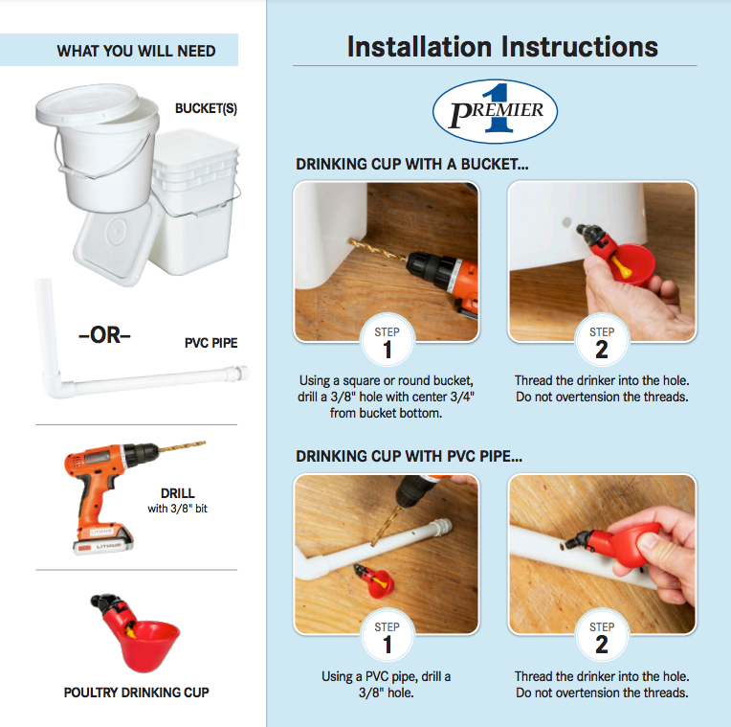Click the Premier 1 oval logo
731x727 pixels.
point(495,111)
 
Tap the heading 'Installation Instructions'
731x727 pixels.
point(502,47)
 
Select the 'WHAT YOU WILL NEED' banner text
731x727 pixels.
point(136,51)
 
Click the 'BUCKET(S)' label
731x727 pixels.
point(206,108)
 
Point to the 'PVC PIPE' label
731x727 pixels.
point(211,343)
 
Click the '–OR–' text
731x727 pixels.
point(105,335)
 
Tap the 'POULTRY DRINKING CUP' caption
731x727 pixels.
point(136,693)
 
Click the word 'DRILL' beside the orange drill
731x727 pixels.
point(178,493)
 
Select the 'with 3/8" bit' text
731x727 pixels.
point(178,509)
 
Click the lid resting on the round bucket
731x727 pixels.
point(87,104)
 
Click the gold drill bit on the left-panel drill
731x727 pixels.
point(183,446)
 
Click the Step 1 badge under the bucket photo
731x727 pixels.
point(387,341)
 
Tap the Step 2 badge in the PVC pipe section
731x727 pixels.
point(602,636)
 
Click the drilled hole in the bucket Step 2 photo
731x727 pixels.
point(566,222)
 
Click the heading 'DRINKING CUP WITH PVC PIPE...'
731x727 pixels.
point(409,456)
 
